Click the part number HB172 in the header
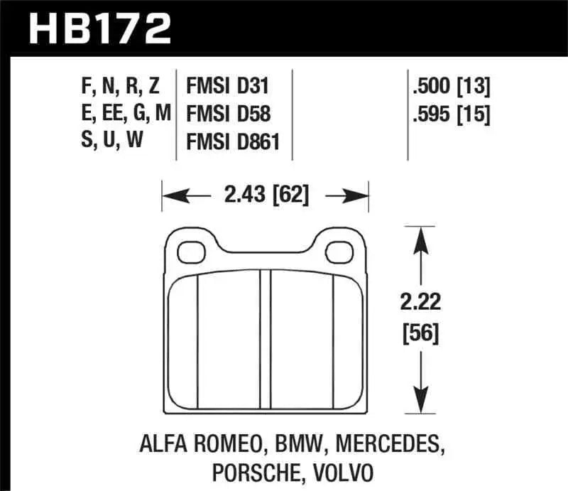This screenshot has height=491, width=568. pos(99,29)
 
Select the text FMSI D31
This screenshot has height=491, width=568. pos(227,87)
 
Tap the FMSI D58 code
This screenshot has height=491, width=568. pos(227,114)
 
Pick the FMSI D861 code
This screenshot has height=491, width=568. pos(232,142)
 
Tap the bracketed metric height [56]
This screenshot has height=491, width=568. pos(422,332)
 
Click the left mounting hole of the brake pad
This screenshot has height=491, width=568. pos(190,250)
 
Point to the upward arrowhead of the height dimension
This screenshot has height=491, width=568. pos(422,238)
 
